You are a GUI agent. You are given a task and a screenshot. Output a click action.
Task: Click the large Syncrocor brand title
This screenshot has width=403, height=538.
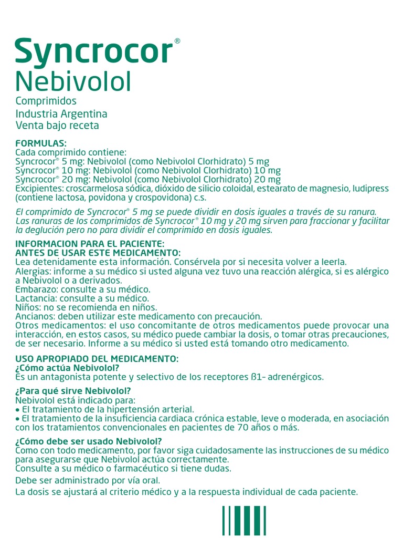pyautogui.click(x=94, y=53)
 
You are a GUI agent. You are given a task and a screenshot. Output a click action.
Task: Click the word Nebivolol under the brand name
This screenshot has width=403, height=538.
pyautogui.click(x=73, y=81)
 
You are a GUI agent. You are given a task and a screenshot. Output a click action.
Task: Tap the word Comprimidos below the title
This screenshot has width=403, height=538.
pyautogui.click(x=46, y=101)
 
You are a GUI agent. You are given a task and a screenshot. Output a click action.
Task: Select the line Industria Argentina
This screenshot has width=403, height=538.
pyautogui.click(x=61, y=113)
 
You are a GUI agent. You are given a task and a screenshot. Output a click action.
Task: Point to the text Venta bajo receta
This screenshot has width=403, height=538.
pyautogui.click(x=57, y=126)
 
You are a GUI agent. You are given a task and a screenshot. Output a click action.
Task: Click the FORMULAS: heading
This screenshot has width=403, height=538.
pyautogui.click(x=41, y=143)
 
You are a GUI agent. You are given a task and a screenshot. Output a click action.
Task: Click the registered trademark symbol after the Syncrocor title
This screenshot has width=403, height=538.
pyautogui.click(x=177, y=41)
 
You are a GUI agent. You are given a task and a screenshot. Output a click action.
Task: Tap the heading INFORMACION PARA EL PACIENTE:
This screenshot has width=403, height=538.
pyautogui.click(x=90, y=244)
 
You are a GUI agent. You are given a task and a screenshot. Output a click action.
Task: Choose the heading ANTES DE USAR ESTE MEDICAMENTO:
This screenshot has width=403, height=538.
pyautogui.click(x=98, y=253)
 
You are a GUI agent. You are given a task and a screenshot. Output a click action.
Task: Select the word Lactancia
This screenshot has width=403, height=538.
pyautogui.click(x=35, y=298)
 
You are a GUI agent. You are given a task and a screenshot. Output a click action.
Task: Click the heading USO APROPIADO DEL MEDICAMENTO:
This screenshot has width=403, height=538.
pyautogui.click(x=97, y=359)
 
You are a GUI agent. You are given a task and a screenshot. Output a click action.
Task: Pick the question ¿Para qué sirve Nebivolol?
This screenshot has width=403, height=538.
pyautogui.click(x=73, y=391)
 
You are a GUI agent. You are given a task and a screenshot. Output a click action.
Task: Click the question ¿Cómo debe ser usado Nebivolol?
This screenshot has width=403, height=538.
pyautogui.click(x=89, y=441)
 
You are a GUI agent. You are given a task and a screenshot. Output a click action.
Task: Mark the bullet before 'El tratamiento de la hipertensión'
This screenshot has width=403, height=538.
pyautogui.click(x=18, y=409)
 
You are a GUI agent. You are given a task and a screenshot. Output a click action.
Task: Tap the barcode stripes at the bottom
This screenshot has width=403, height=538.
pyautogui.click(x=244, y=521)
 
